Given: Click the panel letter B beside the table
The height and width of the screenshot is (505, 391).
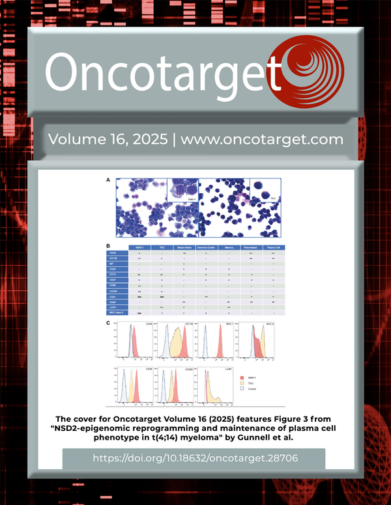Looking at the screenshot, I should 109,247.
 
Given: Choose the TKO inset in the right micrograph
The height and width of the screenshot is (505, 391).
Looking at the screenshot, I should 265,190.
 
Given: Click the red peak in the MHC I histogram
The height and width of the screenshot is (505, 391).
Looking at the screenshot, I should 220,345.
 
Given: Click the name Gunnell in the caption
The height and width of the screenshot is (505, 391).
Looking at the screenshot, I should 250,440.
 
